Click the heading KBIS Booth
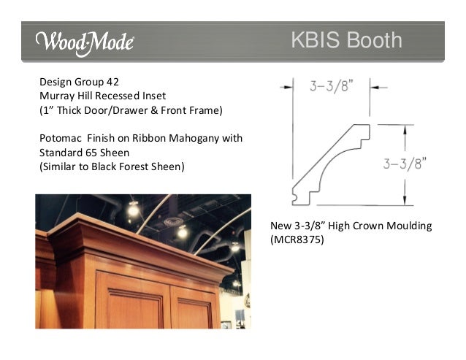[346, 40]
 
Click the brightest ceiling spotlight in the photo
[133, 210]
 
